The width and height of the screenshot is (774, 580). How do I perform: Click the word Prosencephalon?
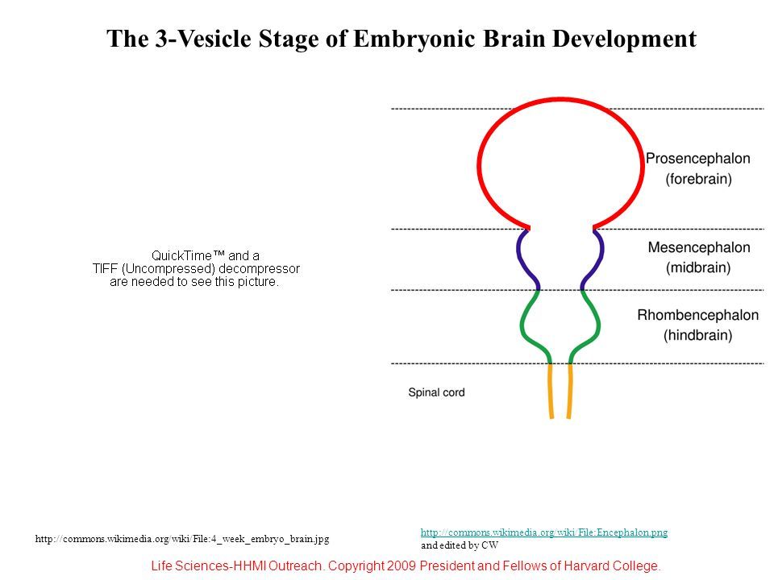[x=698, y=159]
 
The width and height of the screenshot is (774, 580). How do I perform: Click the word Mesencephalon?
[x=698, y=247]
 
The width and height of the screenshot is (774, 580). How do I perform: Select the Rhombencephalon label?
[x=698, y=315]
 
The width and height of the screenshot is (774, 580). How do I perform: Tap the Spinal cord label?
[x=436, y=393]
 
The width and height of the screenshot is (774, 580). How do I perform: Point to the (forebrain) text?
[x=698, y=180]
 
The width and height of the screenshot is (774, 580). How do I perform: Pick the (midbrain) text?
[x=698, y=267]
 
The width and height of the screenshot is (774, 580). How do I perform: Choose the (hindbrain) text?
[x=698, y=335]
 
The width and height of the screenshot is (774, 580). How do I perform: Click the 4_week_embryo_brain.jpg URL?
[x=183, y=537]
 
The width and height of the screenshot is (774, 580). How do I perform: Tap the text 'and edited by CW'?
[x=460, y=545]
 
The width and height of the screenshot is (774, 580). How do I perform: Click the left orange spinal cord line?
[x=551, y=391]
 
